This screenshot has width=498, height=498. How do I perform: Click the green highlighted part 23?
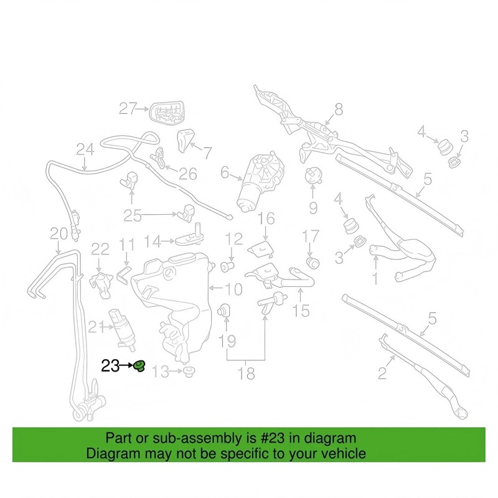point(139,366)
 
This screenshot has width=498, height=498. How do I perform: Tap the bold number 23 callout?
point(110,366)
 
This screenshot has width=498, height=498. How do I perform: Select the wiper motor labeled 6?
point(260,181)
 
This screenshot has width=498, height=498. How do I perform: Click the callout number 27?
point(128,108)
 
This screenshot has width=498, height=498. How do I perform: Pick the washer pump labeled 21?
point(122,330)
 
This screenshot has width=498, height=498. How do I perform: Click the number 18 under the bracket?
point(246,374)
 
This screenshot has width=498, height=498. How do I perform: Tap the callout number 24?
point(85,149)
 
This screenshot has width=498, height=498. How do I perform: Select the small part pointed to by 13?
point(189,371)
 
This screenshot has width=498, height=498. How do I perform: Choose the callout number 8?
point(339,110)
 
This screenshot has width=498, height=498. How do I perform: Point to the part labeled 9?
point(313,176)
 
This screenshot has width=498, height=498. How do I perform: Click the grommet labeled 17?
point(312,263)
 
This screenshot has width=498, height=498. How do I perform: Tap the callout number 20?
point(59,234)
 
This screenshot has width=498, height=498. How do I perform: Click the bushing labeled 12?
point(227,266)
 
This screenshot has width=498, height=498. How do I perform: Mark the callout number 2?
point(382,373)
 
